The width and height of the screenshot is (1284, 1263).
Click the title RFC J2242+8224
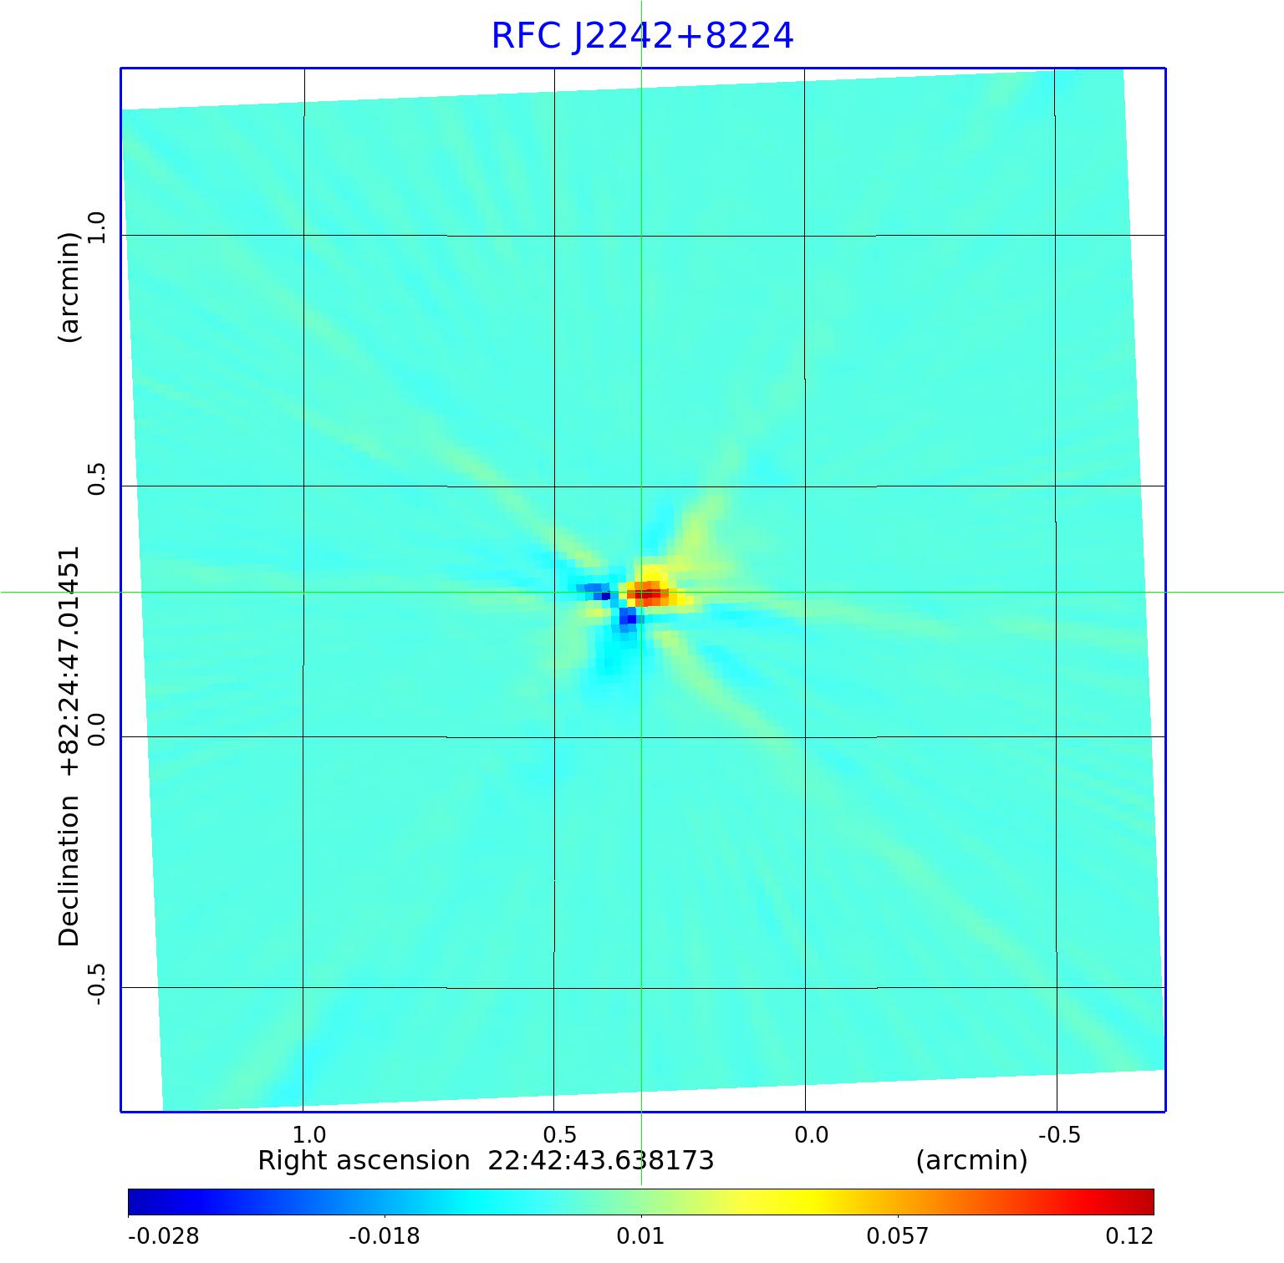pyautogui.click(x=642, y=36)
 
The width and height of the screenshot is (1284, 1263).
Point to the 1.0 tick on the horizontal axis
pyautogui.click(x=309, y=1134)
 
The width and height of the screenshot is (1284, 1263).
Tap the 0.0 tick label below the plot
pyautogui.click(x=810, y=1134)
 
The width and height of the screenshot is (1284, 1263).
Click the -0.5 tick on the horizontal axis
pyautogui.click(x=1059, y=1134)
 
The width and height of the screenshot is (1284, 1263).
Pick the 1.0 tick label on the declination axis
pyautogui.click(x=97, y=228)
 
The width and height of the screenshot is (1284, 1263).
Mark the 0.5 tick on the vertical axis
pyautogui.click(x=97, y=479)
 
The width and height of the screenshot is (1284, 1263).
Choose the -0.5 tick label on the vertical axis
pyautogui.click(x=97, y=984)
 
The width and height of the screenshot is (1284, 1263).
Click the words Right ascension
pyautogui.click(x=364, y=1161)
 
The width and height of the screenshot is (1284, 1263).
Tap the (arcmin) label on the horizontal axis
pyautogui.click(x=971, y=1161)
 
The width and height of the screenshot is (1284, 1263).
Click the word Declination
pyautogui.click(x=69, y=870)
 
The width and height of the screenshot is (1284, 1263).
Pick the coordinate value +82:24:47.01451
pyautogui.click(x=69, y=660)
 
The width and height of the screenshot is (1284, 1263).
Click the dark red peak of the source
pyautogui.click(x=650, y=595)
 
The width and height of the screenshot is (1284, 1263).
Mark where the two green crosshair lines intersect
pyautogui.click(x=641, y=592)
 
